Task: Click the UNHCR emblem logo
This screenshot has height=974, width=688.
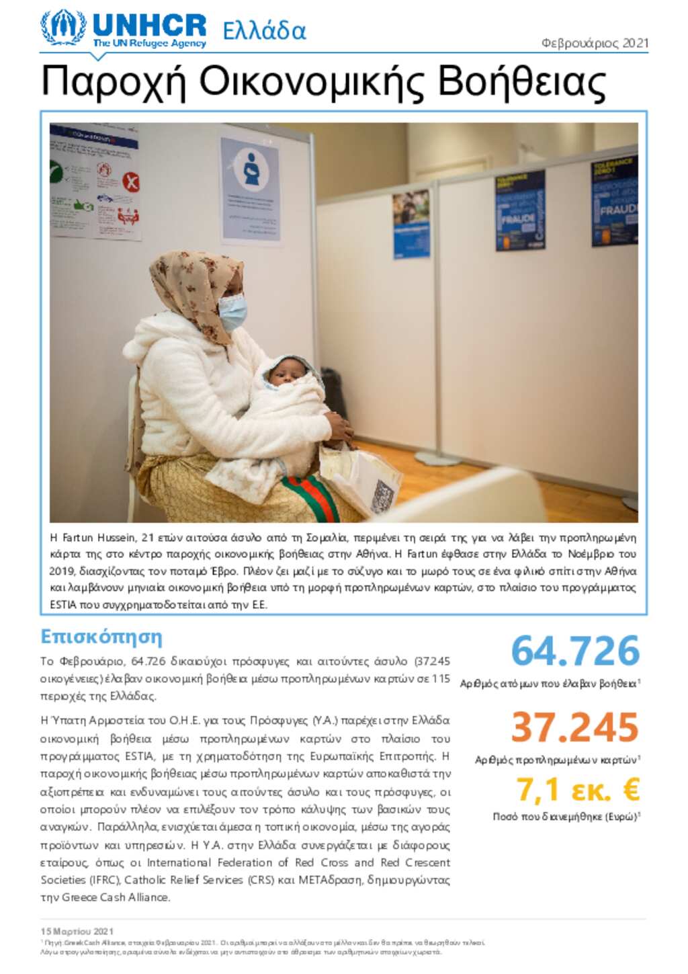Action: [x=63, y=28]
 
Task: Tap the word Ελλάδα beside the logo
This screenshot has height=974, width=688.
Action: [x=264, y=31]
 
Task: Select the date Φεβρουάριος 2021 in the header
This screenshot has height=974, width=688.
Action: [x=595, y=43]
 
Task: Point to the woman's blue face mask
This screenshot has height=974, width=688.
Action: [x=232, y=312]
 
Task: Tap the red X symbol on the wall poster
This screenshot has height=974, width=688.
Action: [x=131, y=181]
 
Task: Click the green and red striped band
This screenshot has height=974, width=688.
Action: [x=310, y=496]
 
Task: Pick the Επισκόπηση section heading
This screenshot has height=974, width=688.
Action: [x=101, y=636]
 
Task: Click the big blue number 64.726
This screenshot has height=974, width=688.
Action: [x=575, y=651]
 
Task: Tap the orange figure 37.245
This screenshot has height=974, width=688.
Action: [x=575, y=727]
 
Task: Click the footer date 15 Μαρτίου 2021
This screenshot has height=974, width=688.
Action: [x=77, y=931]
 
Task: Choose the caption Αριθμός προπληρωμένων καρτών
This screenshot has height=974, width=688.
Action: [x=556, y=760]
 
